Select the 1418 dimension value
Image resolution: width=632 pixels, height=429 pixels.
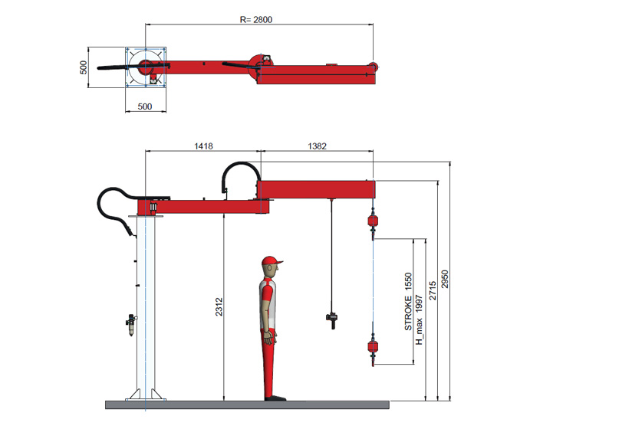(203, 144)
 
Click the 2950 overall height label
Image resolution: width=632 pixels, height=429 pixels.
(444, 283)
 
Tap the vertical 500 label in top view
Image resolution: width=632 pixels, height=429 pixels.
(84, 67)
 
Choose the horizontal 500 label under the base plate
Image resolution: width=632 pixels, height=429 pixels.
(145, 106)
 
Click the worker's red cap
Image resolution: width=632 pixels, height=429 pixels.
(270, 262)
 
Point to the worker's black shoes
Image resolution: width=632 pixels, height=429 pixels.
(273, 398)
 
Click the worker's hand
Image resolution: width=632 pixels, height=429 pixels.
(268, 334)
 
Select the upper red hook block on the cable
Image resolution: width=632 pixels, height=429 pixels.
(373, 221)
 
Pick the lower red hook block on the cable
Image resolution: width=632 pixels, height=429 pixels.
(373, 349)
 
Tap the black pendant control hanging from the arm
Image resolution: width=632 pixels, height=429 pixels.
(332, 318)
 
